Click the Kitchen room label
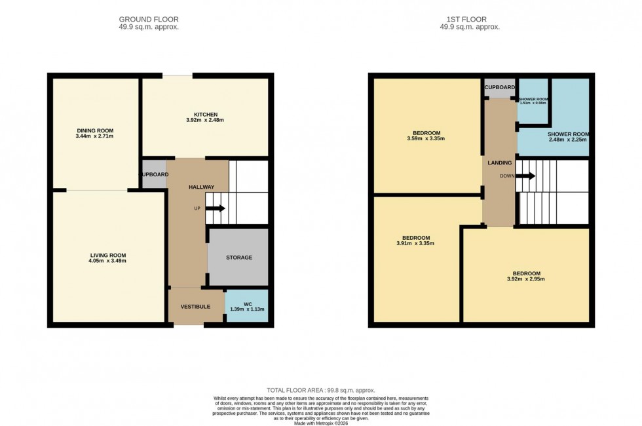(205, 115)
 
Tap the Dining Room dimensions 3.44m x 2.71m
(95, 137)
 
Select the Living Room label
(108, 255)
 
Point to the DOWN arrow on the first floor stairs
(527, 176)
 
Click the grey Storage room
(238, 257)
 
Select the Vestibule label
(195, 306)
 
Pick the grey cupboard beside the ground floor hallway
(155, 175)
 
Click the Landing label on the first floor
(499, 163)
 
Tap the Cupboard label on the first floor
(499, 87)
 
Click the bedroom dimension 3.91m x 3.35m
(415, 243)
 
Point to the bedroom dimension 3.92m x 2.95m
(526, 279)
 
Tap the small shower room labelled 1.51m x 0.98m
(533, 103)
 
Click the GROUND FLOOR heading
(146, 20)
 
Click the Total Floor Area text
(320, 390)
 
